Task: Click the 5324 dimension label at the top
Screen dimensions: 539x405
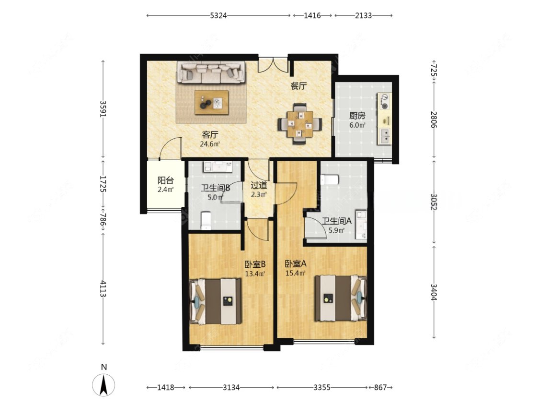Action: coord(218,15)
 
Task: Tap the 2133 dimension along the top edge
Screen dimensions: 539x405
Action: coord(363,15)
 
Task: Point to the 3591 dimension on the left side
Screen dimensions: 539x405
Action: coord(103,109)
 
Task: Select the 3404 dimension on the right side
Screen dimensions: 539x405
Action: coord(434,292)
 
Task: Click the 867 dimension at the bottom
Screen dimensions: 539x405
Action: coord(380,387)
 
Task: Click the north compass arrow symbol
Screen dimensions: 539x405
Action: coord(103,385)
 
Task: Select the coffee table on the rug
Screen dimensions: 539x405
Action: coord(211,102)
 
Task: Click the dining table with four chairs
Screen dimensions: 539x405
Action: coord(300,124)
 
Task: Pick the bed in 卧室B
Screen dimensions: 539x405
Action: coord(216,301)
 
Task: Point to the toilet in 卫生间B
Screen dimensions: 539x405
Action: coord(206,220)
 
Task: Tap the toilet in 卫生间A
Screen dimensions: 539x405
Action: coord(330,179)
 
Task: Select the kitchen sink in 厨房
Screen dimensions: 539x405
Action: coord(384,136)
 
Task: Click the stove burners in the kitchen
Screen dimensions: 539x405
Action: coord(384,101)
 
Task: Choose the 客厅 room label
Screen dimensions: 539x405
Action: coord(210,134)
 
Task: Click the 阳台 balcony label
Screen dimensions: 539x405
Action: coord(166,180)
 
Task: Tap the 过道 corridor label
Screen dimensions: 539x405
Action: coord(259,185)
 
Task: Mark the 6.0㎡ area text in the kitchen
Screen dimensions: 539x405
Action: coord(357,125)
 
